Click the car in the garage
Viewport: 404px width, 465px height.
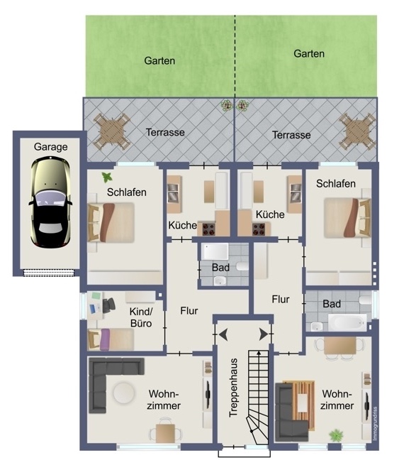(50, 202)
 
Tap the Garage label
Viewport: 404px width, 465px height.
(50, 147)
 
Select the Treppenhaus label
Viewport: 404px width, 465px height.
(233, 388)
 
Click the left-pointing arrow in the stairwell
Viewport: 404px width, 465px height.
(223, 334)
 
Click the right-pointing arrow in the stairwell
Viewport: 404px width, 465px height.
(264, 334)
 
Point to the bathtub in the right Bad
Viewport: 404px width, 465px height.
(347, 322)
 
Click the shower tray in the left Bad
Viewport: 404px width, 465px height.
(215, 251)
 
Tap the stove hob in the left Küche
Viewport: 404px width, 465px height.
(208, 229)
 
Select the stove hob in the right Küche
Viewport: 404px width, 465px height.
(259, 229)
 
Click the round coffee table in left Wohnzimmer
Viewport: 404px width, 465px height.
(123, 393)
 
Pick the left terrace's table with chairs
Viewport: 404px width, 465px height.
(112, 131)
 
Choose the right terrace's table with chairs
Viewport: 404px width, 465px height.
(357, 131)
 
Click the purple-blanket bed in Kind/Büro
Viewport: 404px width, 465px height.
(111, 339)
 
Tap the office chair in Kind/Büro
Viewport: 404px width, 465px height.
(109, 305)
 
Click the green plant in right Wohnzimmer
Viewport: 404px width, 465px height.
(336, 436)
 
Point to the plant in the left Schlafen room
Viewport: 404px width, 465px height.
(107, 177)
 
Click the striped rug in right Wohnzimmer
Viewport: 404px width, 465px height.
(299, 405)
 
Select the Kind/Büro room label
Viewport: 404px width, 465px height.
(141, 317)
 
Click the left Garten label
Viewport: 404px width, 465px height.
(159, 61)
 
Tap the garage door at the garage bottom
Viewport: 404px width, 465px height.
(49, 273)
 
